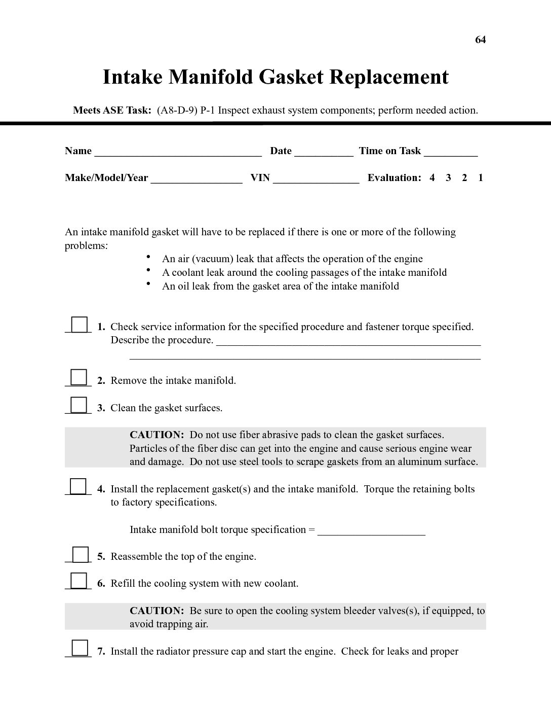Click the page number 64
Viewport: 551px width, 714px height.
(480, 40)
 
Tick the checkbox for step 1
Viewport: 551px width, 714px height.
(78, 324)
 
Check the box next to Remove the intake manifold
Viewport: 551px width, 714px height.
(78, 378)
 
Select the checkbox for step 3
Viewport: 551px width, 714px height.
(78, 405)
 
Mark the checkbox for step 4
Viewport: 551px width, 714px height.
(78, 486)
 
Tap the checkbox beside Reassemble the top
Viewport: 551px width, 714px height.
(80, 554)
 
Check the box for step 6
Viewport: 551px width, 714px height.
(78, 581)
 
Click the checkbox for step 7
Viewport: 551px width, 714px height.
(79, 649)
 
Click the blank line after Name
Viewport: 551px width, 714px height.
(178, 152)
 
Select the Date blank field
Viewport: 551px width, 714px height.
(324, 152)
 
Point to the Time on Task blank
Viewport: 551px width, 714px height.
(451, 152)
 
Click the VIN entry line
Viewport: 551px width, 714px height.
(316, 179)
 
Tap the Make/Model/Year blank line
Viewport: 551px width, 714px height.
(196, 179)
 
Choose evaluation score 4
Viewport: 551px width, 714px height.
(432, 177)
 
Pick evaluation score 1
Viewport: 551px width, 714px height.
(480, 177)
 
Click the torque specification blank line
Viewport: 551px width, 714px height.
(371, 531)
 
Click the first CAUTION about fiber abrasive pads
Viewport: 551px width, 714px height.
(156, 435)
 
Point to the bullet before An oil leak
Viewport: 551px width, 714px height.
(148, 284)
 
